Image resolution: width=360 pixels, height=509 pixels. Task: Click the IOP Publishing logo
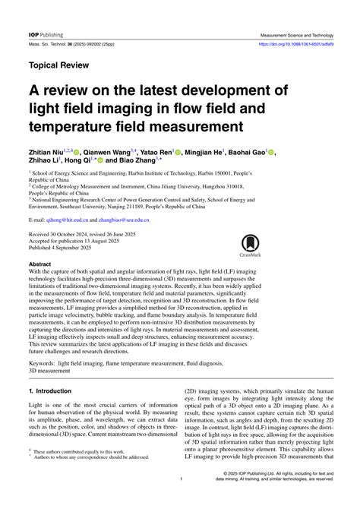[x=46, y=35]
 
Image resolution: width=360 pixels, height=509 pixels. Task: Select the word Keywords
[x=46, y=363]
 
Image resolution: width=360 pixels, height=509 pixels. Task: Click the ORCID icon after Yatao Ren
[x=178, y=153]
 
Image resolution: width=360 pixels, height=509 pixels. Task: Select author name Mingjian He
[x=209, y=153]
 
